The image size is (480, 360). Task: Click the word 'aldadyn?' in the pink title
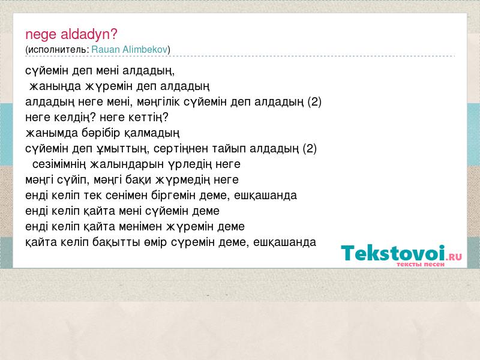click(x=89, y=34)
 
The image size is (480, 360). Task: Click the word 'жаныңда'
click(x=55, y=86)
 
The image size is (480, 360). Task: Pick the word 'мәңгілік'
click(x=158, y=102)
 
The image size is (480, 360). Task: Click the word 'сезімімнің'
click(x=59, y=164)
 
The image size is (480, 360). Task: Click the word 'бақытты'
click(x=116, y=242)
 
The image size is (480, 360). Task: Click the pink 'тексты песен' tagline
click(x=421, y=264)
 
